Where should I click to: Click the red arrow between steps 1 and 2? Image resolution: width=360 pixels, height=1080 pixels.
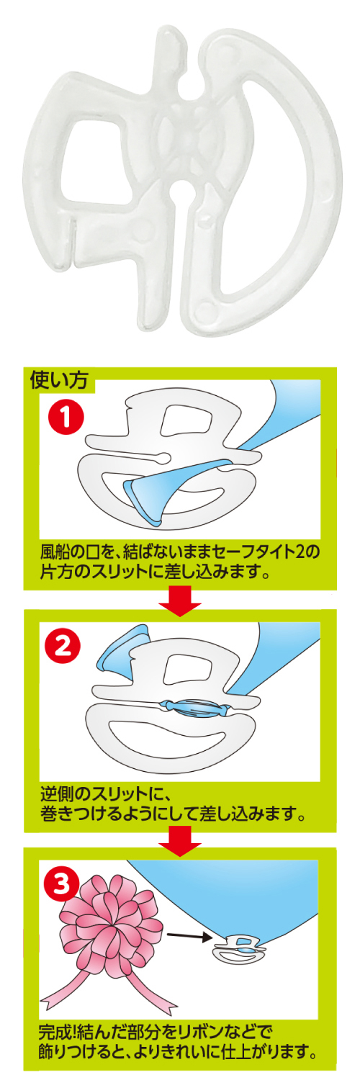pyautogui.click(x=179, y=600)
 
